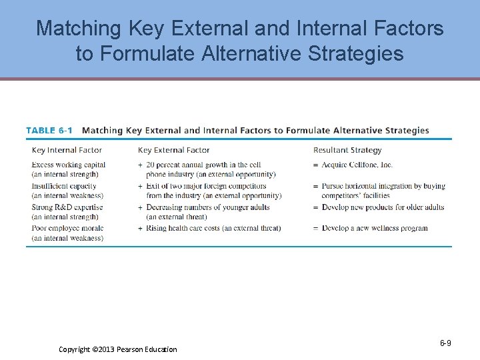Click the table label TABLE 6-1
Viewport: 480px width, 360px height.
[49, 131]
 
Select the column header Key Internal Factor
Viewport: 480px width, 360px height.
[67, 150]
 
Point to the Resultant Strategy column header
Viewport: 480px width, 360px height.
[347, 150]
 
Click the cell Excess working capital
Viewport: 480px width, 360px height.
[69, 165]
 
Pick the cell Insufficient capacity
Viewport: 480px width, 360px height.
[64, 186]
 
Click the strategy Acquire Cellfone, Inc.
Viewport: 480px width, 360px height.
[357, 165]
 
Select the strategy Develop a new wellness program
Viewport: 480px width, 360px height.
[375, 228]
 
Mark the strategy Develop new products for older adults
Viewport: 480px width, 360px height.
[383, 207]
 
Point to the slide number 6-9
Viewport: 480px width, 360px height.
[445, 343]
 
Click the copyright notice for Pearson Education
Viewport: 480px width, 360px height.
[118, 349]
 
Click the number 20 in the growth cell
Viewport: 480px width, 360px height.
[150, 165]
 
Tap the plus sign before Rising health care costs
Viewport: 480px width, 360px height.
[140, 228]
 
